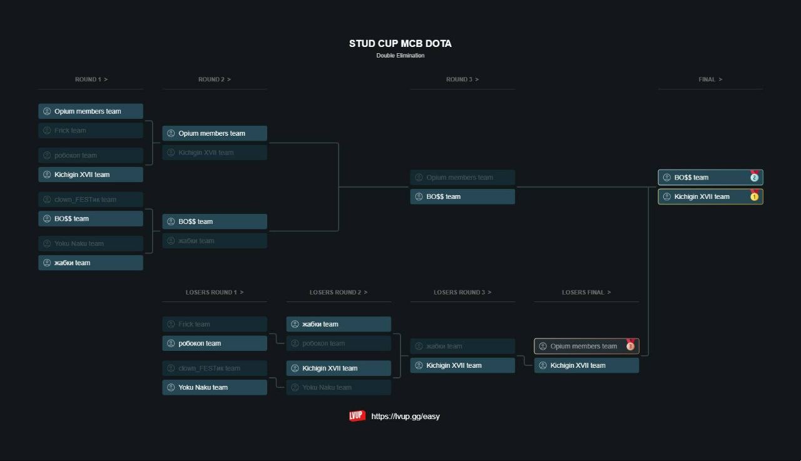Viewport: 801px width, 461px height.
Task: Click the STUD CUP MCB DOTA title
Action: (400, 44)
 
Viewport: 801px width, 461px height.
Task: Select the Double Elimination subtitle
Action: (400, 56)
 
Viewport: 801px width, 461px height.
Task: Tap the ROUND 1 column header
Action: (91, 79)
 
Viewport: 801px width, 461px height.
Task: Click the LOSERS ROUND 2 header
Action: (338, 292)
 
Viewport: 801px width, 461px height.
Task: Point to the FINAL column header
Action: (710, 79)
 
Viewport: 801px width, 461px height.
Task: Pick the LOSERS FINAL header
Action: (586, 292)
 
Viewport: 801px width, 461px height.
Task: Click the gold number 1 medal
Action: (754, 196)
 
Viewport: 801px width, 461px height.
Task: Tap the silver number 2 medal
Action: (754, 178)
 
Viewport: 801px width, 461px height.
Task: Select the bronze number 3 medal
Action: (630, 346)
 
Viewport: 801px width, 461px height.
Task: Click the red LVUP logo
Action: (357, 416)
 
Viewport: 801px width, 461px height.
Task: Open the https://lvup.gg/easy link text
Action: (406, 417)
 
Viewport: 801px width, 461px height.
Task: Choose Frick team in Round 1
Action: (91, 131)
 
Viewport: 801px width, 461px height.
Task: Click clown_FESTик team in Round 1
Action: (91, 200)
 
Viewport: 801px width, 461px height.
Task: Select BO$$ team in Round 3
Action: (462, 196)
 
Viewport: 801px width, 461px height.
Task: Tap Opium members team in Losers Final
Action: (583, 347)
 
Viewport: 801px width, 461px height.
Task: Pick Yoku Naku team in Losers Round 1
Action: (215, 387)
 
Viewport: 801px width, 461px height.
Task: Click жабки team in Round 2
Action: (215, 241)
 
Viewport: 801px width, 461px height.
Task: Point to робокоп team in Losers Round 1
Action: (215, 343)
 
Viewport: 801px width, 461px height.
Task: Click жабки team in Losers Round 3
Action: (462, 347)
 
